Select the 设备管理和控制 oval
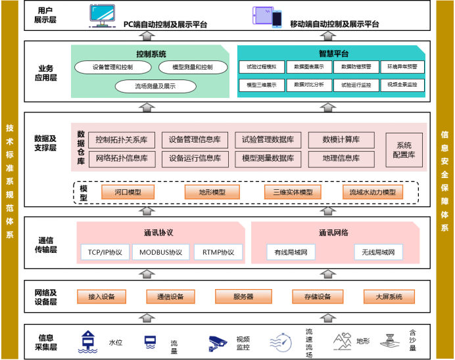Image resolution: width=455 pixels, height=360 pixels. click(112, 68)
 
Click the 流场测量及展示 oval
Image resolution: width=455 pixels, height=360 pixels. click(155, 86)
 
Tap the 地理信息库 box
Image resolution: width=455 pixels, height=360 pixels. click(341, 158)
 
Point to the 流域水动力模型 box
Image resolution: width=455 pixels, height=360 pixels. click(372, 192)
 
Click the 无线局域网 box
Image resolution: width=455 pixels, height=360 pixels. click(377, 252)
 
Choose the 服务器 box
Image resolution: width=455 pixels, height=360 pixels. click(243, 297)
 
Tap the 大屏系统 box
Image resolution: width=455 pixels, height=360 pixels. click(389, 297)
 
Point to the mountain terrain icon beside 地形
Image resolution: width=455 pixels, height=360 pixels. click(342, 341)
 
